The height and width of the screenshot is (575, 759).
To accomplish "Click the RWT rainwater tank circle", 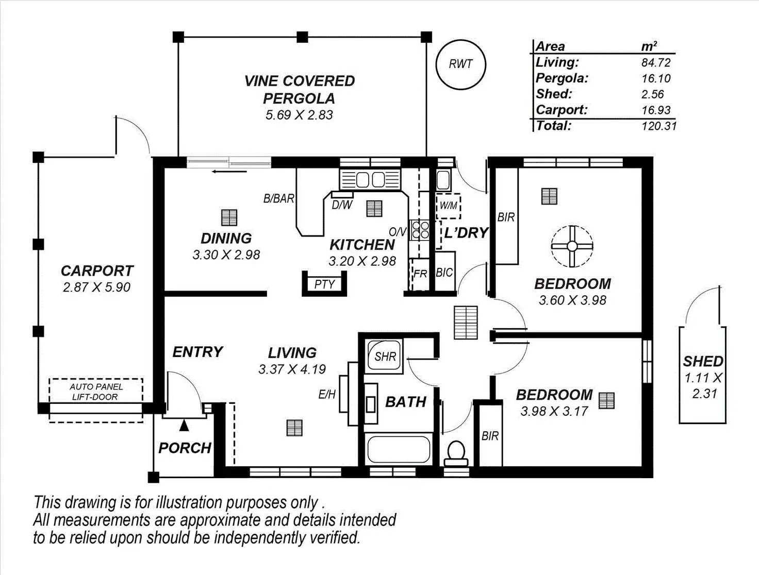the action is pos(460,64).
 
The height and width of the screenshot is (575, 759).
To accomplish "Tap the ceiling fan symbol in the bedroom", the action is pos(572,246).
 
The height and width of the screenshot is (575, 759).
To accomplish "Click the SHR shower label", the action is pos(385,357).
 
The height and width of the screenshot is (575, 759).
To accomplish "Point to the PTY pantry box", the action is pos(324,284).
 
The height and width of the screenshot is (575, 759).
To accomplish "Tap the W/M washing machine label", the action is pos(448,206).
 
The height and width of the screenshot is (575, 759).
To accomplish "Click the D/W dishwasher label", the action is pos(342,205).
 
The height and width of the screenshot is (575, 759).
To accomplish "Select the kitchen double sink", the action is pos(371,180).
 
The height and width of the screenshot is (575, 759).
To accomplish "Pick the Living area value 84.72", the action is pos(656,63).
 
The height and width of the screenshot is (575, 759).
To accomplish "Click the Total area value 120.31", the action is pos(658,126).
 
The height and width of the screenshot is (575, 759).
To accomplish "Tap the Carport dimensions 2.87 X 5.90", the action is pos(96,287).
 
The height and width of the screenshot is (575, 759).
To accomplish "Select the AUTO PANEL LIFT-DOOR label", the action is pos(96,392).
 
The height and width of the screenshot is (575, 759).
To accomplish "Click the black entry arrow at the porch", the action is pos(184,426).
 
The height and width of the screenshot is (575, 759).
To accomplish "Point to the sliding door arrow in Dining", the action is pos(222,172).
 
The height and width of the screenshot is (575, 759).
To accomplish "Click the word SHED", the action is pos(703,361).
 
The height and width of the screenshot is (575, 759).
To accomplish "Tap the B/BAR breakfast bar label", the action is pos(278,198).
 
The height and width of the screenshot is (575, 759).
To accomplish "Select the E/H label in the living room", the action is pos(327,395).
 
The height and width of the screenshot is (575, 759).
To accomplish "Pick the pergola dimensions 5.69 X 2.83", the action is pos(299,115).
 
